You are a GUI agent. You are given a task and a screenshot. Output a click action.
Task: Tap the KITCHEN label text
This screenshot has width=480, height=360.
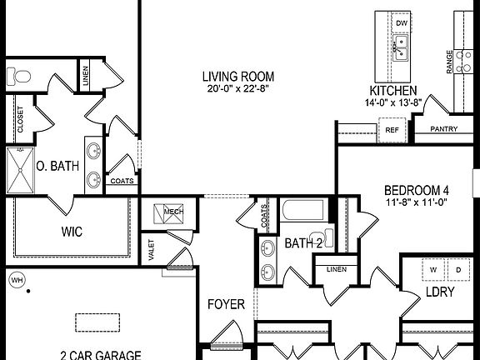pyautogui.click(x=393, y=91)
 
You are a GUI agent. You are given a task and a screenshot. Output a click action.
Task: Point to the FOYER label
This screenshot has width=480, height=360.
pyautogui.click(x=226, y=305)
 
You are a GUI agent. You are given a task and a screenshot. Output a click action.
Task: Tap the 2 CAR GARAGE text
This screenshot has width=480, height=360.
pyautogui.click(x=99, y=353)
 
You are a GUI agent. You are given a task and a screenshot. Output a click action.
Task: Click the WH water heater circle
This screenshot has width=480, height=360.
pyautogui.click(x=17, y=280)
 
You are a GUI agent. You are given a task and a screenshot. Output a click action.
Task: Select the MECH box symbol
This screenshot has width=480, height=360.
pyautogui.click(x=174, y=212)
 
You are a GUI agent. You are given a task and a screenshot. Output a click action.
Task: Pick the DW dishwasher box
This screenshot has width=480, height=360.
pyautogui.click(x=401, y=23)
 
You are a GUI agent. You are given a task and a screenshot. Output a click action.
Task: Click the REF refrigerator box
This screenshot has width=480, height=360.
pyautogui.click(x=390, y=130)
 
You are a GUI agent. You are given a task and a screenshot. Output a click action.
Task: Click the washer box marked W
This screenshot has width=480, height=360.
pyautogui.click(x=433, y=271)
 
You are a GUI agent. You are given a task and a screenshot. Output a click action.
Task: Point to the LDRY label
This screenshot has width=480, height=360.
pyautogui.click(x=439, y=293)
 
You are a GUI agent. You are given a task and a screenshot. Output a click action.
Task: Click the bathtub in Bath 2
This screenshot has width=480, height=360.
pyautogui.click(x=304, y=209)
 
